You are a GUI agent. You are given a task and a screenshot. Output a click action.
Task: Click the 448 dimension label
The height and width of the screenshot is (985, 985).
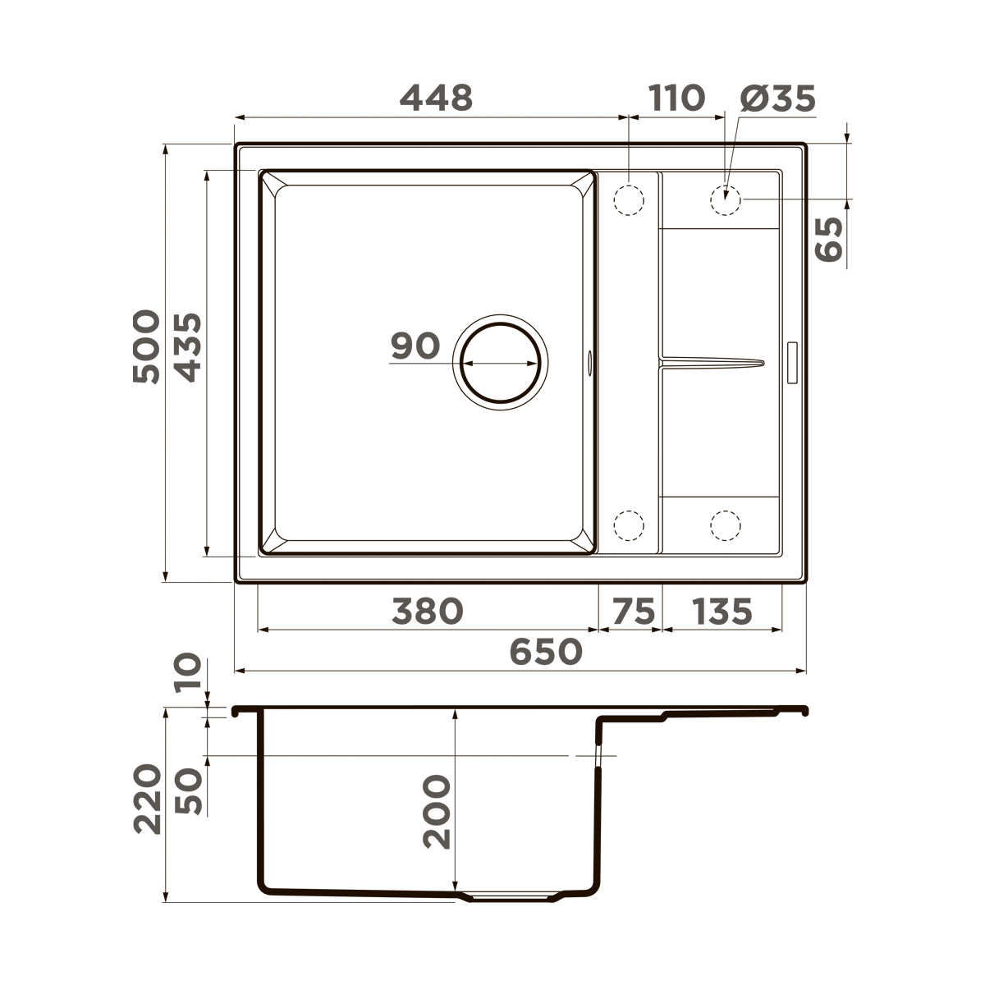436,98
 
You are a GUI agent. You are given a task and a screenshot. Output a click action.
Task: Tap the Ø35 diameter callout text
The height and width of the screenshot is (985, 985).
777,98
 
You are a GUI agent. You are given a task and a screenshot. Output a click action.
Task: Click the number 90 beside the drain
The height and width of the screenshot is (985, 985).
415,346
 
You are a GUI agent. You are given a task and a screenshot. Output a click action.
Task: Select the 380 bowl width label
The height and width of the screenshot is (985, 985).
428,612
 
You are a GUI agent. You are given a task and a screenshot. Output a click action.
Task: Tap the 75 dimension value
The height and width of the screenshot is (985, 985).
635,612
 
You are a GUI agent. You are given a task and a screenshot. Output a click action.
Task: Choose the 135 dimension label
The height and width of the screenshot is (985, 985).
722,612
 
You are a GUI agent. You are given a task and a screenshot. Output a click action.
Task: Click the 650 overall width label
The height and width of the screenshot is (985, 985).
546,653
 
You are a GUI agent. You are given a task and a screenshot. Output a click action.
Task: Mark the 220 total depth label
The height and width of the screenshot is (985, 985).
148,799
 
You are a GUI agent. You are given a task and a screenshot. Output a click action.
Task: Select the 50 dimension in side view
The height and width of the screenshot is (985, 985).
189,790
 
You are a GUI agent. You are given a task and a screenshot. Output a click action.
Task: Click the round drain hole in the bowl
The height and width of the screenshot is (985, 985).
500,362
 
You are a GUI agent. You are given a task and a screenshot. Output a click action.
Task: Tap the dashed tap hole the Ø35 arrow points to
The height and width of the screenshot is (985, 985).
726,199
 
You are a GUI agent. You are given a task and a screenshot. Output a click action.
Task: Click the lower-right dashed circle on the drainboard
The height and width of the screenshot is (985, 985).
726,525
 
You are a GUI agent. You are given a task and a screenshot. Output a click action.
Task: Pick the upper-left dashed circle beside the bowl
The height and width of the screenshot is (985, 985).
629,199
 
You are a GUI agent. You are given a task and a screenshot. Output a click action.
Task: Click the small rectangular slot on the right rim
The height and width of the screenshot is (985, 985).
792,362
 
